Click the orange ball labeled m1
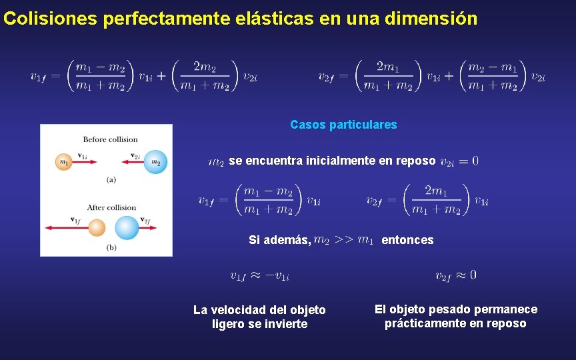64,162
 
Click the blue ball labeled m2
155,162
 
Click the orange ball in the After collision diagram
97,229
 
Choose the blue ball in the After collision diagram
127,229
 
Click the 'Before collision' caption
110,139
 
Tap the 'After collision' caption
111,207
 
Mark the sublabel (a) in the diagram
111,179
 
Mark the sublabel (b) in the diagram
111,247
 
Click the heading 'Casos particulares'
343,125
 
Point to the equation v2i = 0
459,161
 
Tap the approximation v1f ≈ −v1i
259,275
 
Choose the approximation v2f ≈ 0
455,275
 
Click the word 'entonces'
407,240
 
